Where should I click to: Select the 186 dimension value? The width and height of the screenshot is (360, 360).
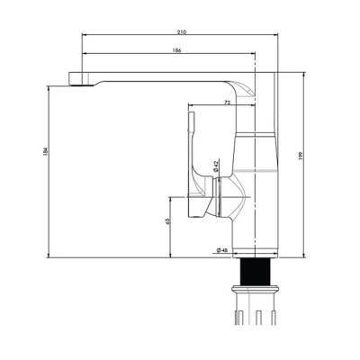[177, 50]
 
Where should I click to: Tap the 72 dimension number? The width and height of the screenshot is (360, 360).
[228, 103]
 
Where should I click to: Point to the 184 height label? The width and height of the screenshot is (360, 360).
[45, 151]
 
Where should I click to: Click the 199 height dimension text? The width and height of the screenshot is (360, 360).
[301, 155]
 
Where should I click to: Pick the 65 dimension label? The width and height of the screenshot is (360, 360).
[167, 221]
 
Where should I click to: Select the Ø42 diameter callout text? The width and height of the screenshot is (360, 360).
[215, 166]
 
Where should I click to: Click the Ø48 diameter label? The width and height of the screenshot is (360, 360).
[222, 250]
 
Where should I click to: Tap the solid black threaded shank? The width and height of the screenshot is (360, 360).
[256, 272]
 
